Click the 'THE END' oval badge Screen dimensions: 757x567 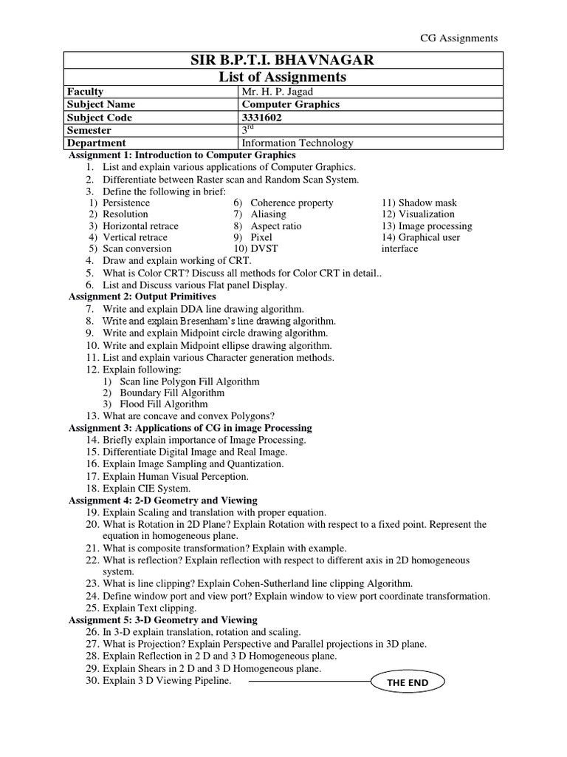click(x=408, y=682)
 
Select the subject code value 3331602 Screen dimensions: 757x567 click(x=261, y=117)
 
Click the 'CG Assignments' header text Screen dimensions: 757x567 click(x=458, y=38)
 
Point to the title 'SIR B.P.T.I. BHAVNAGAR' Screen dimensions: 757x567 click(x=283, y=60)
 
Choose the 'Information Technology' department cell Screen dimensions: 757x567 click(x=297, y=143)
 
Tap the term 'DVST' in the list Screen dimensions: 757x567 click(x=264, y=249)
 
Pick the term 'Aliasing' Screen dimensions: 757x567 click(x=268, y=214)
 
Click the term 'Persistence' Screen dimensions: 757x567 click(x=126, y=203)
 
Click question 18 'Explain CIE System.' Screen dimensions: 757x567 click(x=146, y=489)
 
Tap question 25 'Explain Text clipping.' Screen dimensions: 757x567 click(x=149, y=608)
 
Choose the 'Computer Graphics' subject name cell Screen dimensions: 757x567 click(x=290, y=104)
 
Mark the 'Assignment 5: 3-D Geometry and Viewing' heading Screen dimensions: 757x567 click(x=162, y=619)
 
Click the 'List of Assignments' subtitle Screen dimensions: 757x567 click(x=283, y=77)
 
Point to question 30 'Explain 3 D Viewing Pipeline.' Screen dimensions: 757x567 click(x=167, y=680)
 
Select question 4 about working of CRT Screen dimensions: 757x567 click(x=176, y=261)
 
